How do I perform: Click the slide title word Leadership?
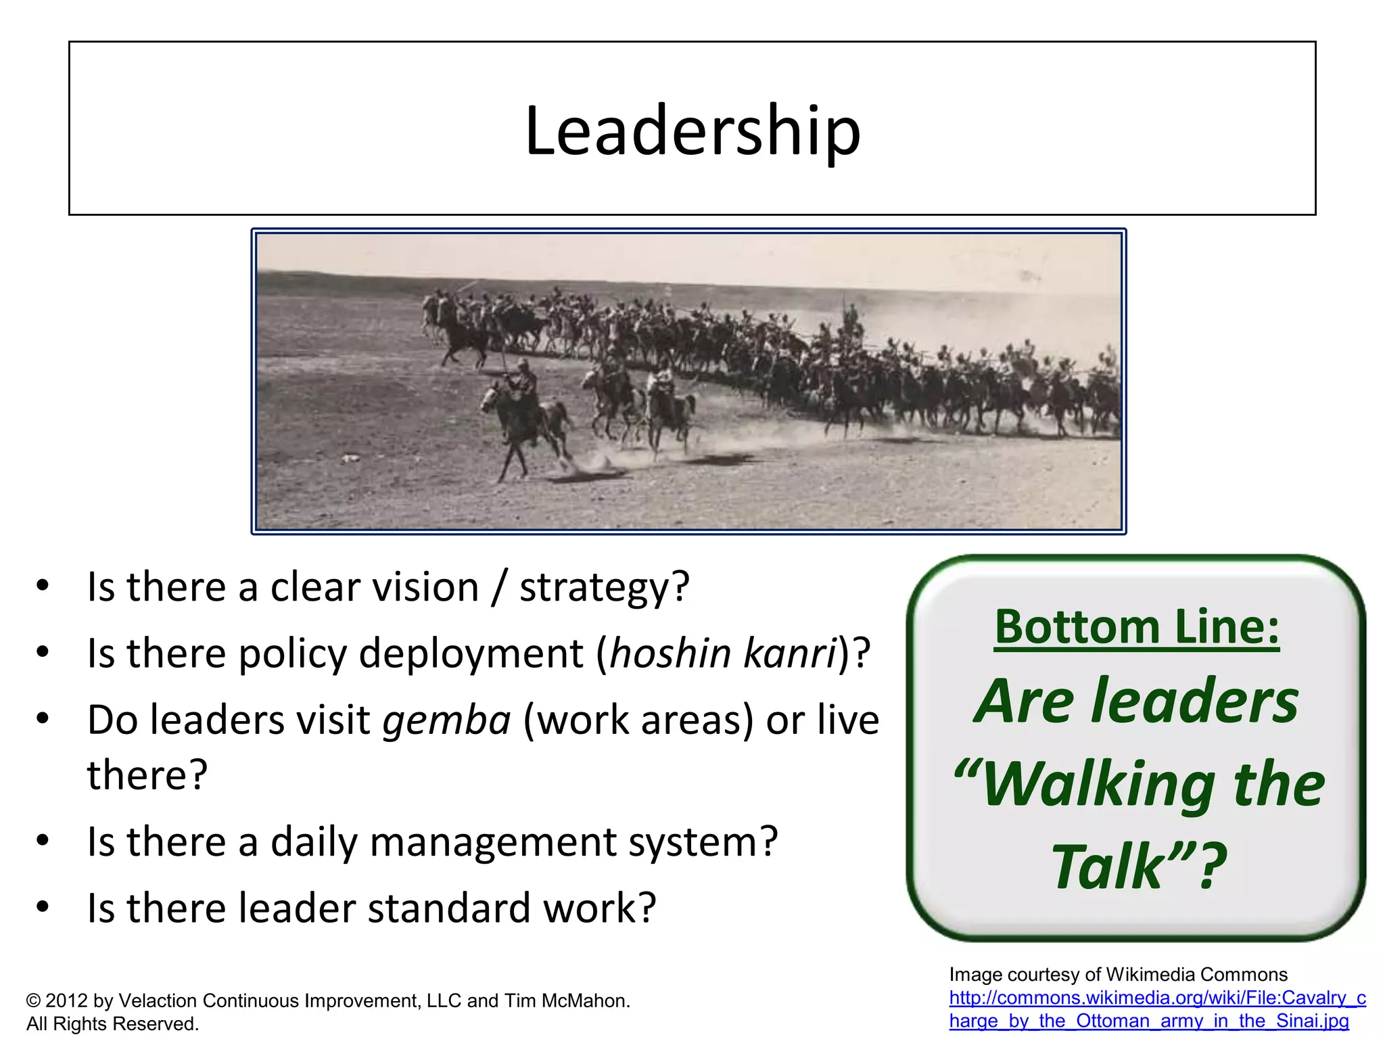(692, 130)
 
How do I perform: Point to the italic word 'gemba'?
(446, 720)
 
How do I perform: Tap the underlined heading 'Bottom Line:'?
(1137, 627)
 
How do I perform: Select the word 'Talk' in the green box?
(1108, 867)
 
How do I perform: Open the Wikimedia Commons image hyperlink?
(1156, 1009)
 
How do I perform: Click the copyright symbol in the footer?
(33, 1001)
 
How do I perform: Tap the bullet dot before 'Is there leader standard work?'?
(43, 906)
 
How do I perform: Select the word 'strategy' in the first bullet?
(595, 588)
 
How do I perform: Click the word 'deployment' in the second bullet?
(471, 655)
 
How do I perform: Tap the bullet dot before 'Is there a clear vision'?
(43, 585)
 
